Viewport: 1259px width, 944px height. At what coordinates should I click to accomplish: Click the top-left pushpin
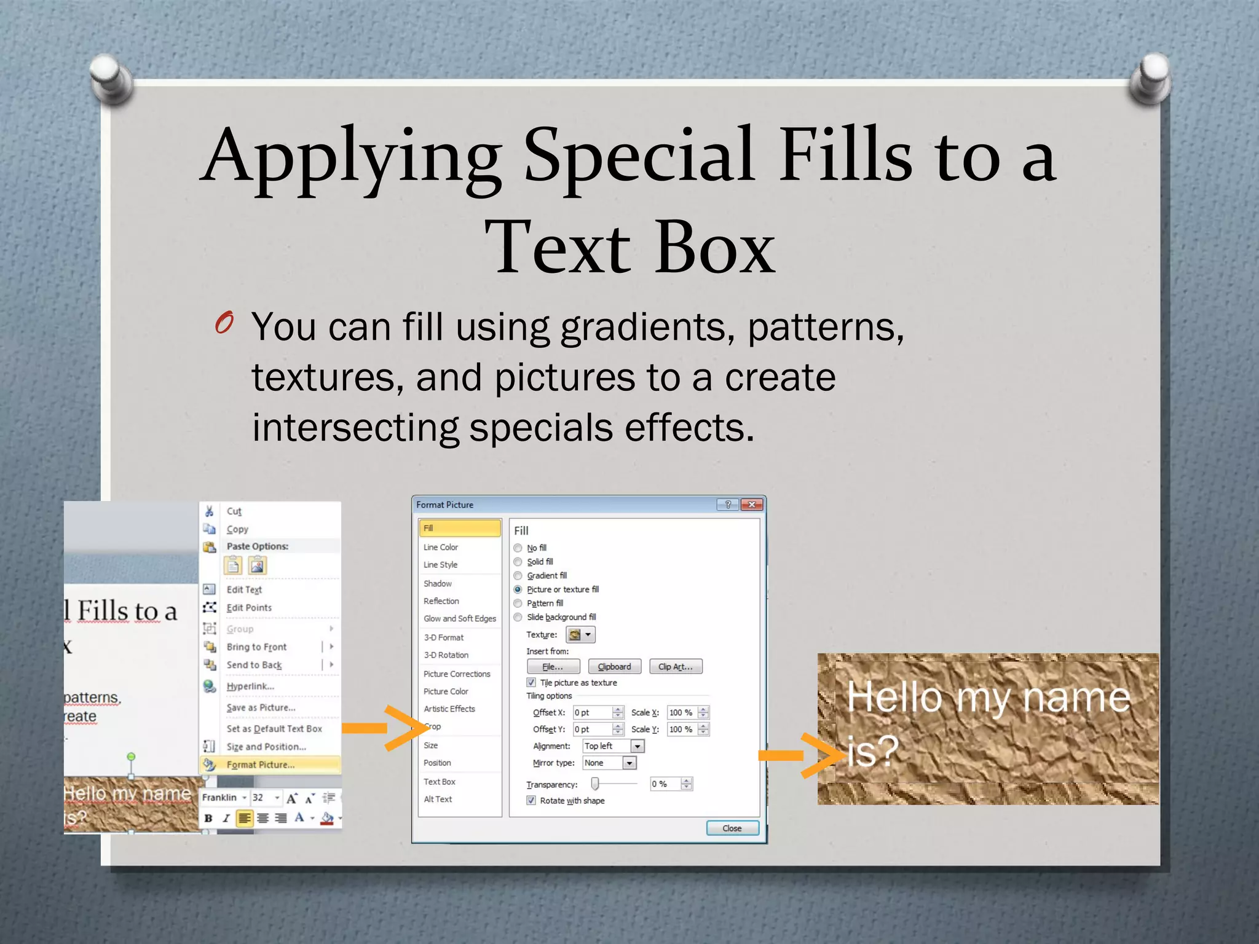111,77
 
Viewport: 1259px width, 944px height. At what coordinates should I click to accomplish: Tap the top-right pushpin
1150,77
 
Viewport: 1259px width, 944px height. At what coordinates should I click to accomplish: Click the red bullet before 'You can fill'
224,322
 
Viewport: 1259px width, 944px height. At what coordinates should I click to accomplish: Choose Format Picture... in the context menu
260,765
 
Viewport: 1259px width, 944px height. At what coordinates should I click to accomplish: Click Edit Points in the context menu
249,608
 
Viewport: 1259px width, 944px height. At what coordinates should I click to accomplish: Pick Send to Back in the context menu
254,665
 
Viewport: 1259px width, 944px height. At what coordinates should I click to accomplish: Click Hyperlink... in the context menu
250,686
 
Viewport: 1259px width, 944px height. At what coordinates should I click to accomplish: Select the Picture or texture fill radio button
518,589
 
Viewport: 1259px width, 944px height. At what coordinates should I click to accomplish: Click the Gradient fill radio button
518,576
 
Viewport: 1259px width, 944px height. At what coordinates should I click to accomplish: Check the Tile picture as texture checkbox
531,683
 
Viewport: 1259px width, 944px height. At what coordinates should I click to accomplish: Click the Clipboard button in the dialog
614,667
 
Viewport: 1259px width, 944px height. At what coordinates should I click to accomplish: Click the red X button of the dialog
751,505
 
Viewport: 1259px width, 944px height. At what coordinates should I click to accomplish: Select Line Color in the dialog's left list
441,547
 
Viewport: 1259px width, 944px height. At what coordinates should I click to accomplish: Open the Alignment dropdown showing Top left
637,746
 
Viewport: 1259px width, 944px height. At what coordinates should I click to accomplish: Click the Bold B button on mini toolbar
208,818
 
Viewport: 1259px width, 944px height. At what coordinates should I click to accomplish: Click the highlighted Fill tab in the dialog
459,528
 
